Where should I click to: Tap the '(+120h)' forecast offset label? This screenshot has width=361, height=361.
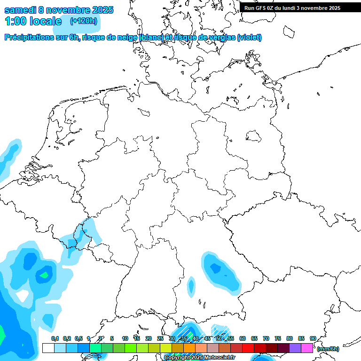click(x=84, y=21)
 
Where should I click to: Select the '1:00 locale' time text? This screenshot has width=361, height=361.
click(x=33, y=21)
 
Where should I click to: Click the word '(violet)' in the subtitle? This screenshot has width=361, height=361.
click(x=249, y=38)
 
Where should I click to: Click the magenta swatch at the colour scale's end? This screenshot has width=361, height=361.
click(x=307, y=348)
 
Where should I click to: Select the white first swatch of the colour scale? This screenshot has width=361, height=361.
click(x=48, y=348)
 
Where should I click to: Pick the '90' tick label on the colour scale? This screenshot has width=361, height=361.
click(x=313, y=338)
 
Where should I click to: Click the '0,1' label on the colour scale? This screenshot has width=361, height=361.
click(x=55, y=338)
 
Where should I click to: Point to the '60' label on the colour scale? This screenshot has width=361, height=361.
click(x=243, y=338)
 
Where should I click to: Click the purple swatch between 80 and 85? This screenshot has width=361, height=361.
click(x=295, y=348)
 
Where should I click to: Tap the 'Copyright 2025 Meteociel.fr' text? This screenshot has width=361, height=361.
click(x=199, y=358)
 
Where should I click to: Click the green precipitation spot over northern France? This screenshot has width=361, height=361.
click(x=46, y=274)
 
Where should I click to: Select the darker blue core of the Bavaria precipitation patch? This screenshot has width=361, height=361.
click(x=216, y=268)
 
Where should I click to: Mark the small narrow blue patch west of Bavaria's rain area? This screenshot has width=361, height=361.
click(x=191, y=286)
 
